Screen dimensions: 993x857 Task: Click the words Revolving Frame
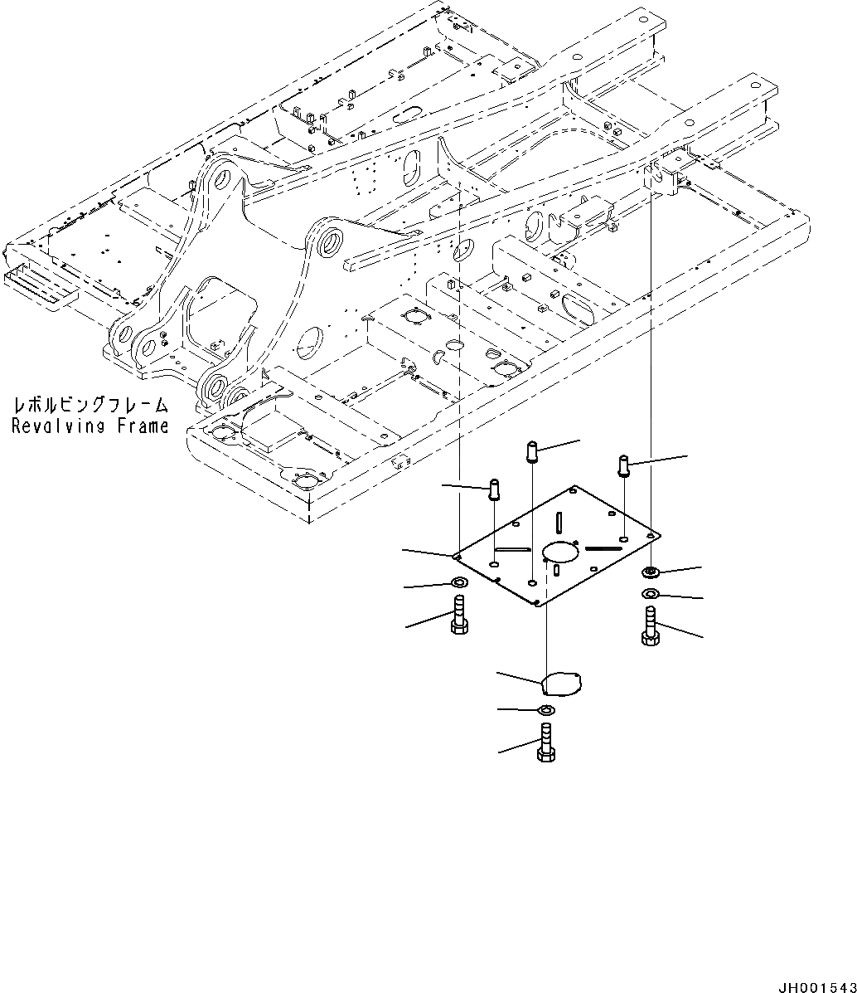[x=90, y=426]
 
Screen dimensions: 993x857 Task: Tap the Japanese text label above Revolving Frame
[x=90, y=406]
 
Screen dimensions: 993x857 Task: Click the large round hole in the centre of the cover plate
[x=559, y=552]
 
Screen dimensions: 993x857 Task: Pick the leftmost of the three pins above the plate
[x=495, y=489]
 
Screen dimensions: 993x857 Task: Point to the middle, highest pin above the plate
[x=532, y=453]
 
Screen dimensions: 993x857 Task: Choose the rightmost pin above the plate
[x=624, y=465]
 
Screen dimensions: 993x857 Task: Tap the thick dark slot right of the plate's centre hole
[x=604, y=548]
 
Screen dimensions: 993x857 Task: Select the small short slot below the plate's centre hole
[x=558, y=570]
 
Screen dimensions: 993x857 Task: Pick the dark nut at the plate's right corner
[x=651, y=572]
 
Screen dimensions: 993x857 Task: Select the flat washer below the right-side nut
[x=651, y=593]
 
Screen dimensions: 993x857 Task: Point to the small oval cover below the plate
[x=561, y=684]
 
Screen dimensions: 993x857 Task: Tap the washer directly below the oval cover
[x=546, y=710]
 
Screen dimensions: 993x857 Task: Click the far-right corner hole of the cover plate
[x=654, y=533]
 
